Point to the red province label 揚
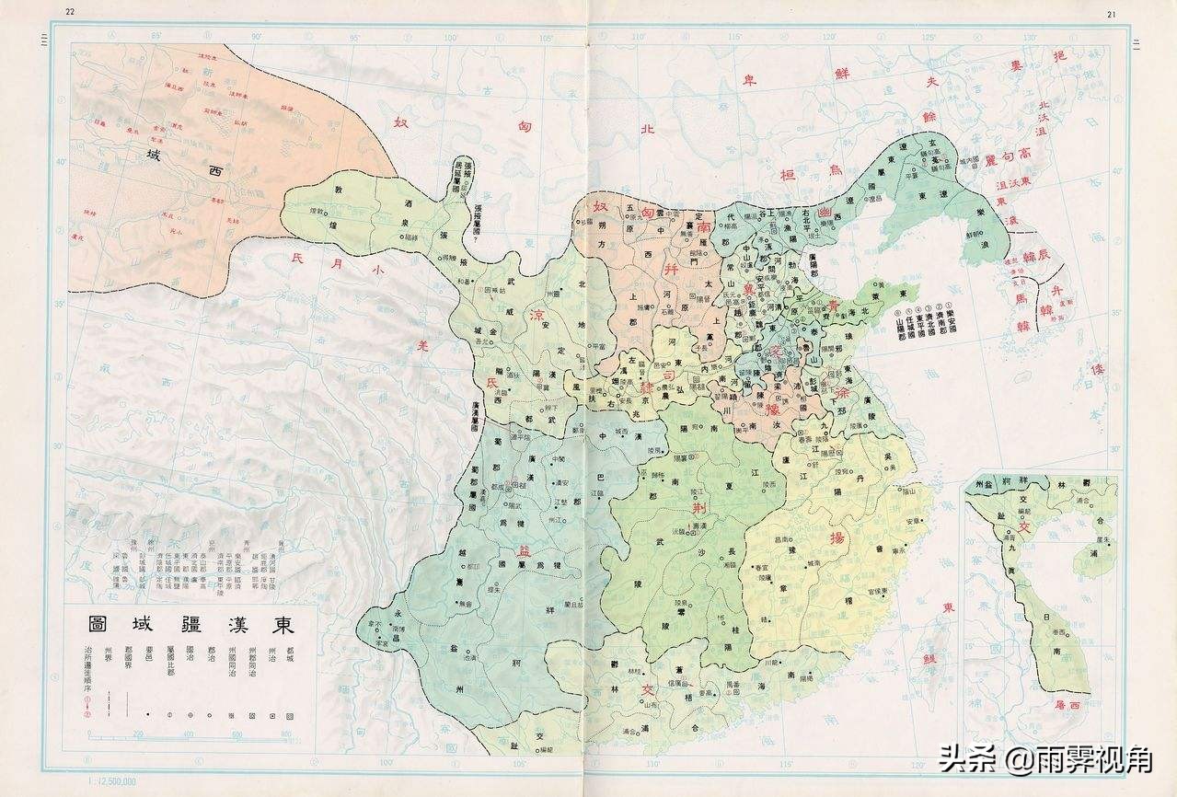coord(837,537)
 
